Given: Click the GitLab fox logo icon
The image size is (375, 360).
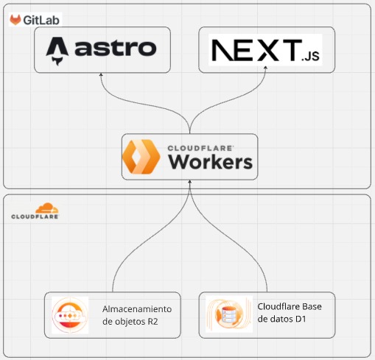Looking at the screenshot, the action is coord(15,20).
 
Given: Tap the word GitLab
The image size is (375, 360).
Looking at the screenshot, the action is coord(41,20).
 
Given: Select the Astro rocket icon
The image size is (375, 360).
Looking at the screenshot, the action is coord(57,51).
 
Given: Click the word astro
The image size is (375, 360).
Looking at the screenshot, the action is coord(116,48).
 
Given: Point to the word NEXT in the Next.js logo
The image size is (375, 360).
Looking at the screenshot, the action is coord(257,50).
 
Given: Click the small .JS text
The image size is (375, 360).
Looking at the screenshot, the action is coord(310,56).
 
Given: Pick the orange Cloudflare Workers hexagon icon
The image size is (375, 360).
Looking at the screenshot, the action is coord(141,157).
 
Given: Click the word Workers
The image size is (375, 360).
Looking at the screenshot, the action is coord(211,162).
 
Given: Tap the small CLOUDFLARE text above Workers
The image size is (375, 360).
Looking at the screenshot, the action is coord(200,148).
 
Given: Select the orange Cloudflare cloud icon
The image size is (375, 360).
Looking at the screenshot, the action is coord(47,208).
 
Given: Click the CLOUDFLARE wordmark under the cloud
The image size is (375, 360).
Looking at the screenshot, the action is coord(35,216).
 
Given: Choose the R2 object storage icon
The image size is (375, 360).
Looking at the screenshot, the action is coord(70,315).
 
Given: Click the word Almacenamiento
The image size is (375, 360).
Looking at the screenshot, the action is coord(137,309).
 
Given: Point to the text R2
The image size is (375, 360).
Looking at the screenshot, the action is coord(153,322).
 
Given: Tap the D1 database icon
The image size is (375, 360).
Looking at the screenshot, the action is coord(229,314).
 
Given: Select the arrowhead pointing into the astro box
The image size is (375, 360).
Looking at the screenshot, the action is coord(101,74).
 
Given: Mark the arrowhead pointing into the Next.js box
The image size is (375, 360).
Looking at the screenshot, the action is coord(265,68).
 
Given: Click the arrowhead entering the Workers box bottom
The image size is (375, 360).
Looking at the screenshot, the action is coord(189,182).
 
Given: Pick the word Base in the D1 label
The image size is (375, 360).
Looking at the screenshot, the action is coord(312,306).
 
